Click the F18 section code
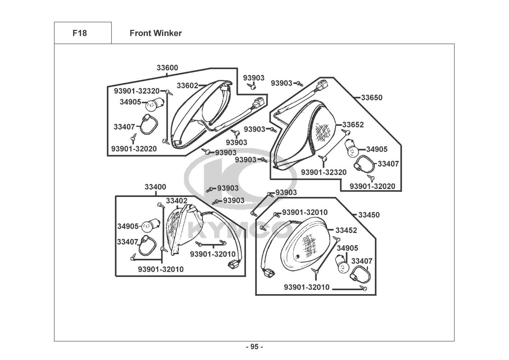pyautogui.click(x=79, y=33)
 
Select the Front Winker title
pyautogui.click(x=155, y=33)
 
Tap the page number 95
pyautogui.click(x=254, y=347)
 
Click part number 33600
pyautogui.click(x=167, y=68)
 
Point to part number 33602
pyautogui.click(x=187, y=85)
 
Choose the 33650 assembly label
pyautogui.click(x=372, y=98)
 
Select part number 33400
pyautogui.click(x=155, y=187)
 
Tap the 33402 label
pyautogui.click(x=176, y=201)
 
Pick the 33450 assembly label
pyautogui.click(x=369, y=215)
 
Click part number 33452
pyautogui.click(x=346, y=230)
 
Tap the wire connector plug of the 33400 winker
pyautogui.click(x=233, y=265)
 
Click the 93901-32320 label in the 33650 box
pyautogui.click(x=323, y=172)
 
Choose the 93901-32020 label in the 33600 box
pyautogui.click(x=134, y=148)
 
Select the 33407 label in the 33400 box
pyautogui.click(x=128, y=242)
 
